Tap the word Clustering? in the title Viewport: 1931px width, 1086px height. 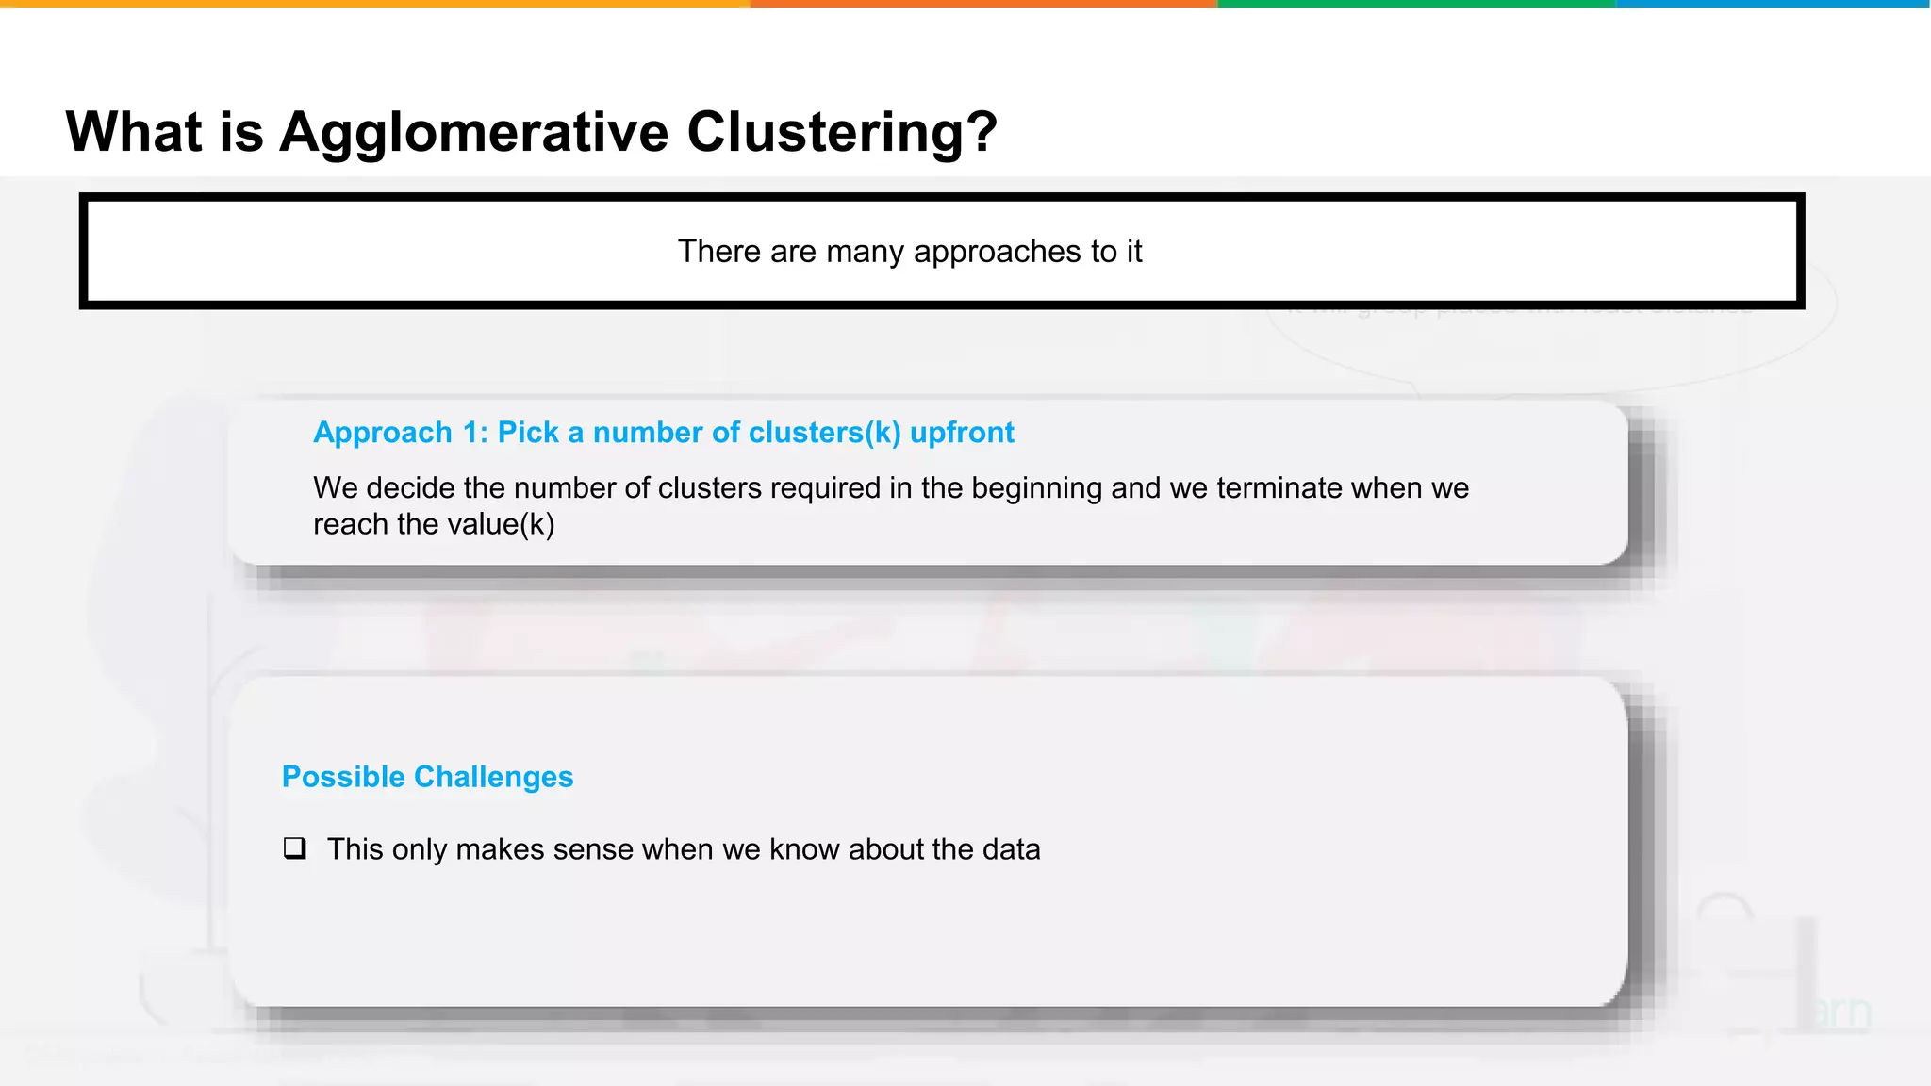841,132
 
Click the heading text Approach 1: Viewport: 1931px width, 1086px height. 401,433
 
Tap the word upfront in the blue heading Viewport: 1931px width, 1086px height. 962,433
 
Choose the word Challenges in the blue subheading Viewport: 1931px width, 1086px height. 493,777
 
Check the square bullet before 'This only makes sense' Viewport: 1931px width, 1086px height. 295,848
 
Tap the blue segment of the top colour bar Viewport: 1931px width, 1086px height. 1773,4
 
